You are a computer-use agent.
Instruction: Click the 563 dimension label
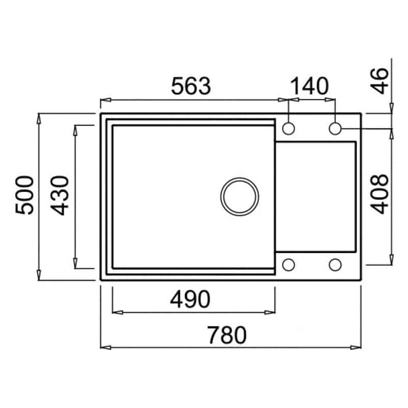[x=191, y=86]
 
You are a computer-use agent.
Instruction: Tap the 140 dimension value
[x=310, y=86]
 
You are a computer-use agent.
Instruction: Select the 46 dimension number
[x=379, y=81]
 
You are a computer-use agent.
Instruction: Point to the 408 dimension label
[x=379, y=194]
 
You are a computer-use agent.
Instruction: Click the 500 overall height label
[x=24, y=195]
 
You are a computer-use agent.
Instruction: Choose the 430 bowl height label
[x=59, y=196]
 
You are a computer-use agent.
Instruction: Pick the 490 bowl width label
[x=190, y=299]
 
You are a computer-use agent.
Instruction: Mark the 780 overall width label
[x=226, y=335]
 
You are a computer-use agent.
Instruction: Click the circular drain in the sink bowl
[x=240, y=196]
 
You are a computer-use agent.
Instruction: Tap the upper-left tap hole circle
[x=288, y=129]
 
